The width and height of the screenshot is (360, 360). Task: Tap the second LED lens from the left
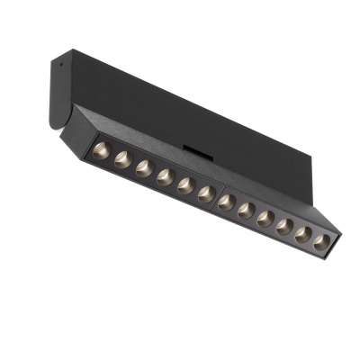[x=122, y=159]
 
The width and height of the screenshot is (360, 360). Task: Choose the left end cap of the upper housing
[x=59, y=90]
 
